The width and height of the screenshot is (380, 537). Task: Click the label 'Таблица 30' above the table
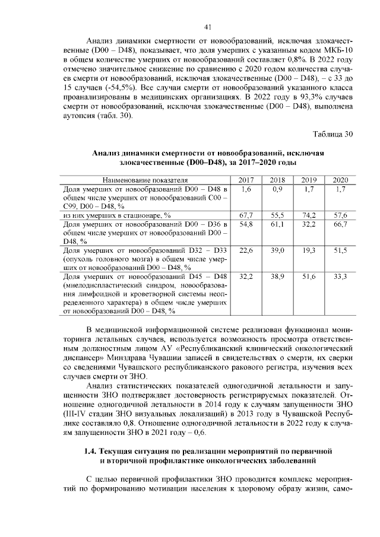tap(332, 134)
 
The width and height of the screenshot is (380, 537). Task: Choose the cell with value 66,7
tap(340, 224)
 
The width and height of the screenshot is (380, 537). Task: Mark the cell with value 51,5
tap(340, 251)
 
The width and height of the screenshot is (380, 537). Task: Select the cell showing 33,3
tap(340, 278)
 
